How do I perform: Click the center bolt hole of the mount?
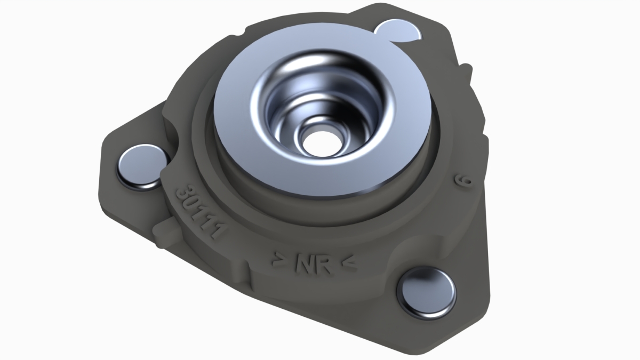(x=322, y=143)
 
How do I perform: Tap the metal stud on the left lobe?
(x=142, y=167)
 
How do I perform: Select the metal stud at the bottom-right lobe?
(x=427, y=293)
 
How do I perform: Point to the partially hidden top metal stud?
(x=398, y=30)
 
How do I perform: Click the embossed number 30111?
(x=199, y=213)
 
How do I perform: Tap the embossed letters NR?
(x=314, y=265)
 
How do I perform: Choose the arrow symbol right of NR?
(x=349, y=263)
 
